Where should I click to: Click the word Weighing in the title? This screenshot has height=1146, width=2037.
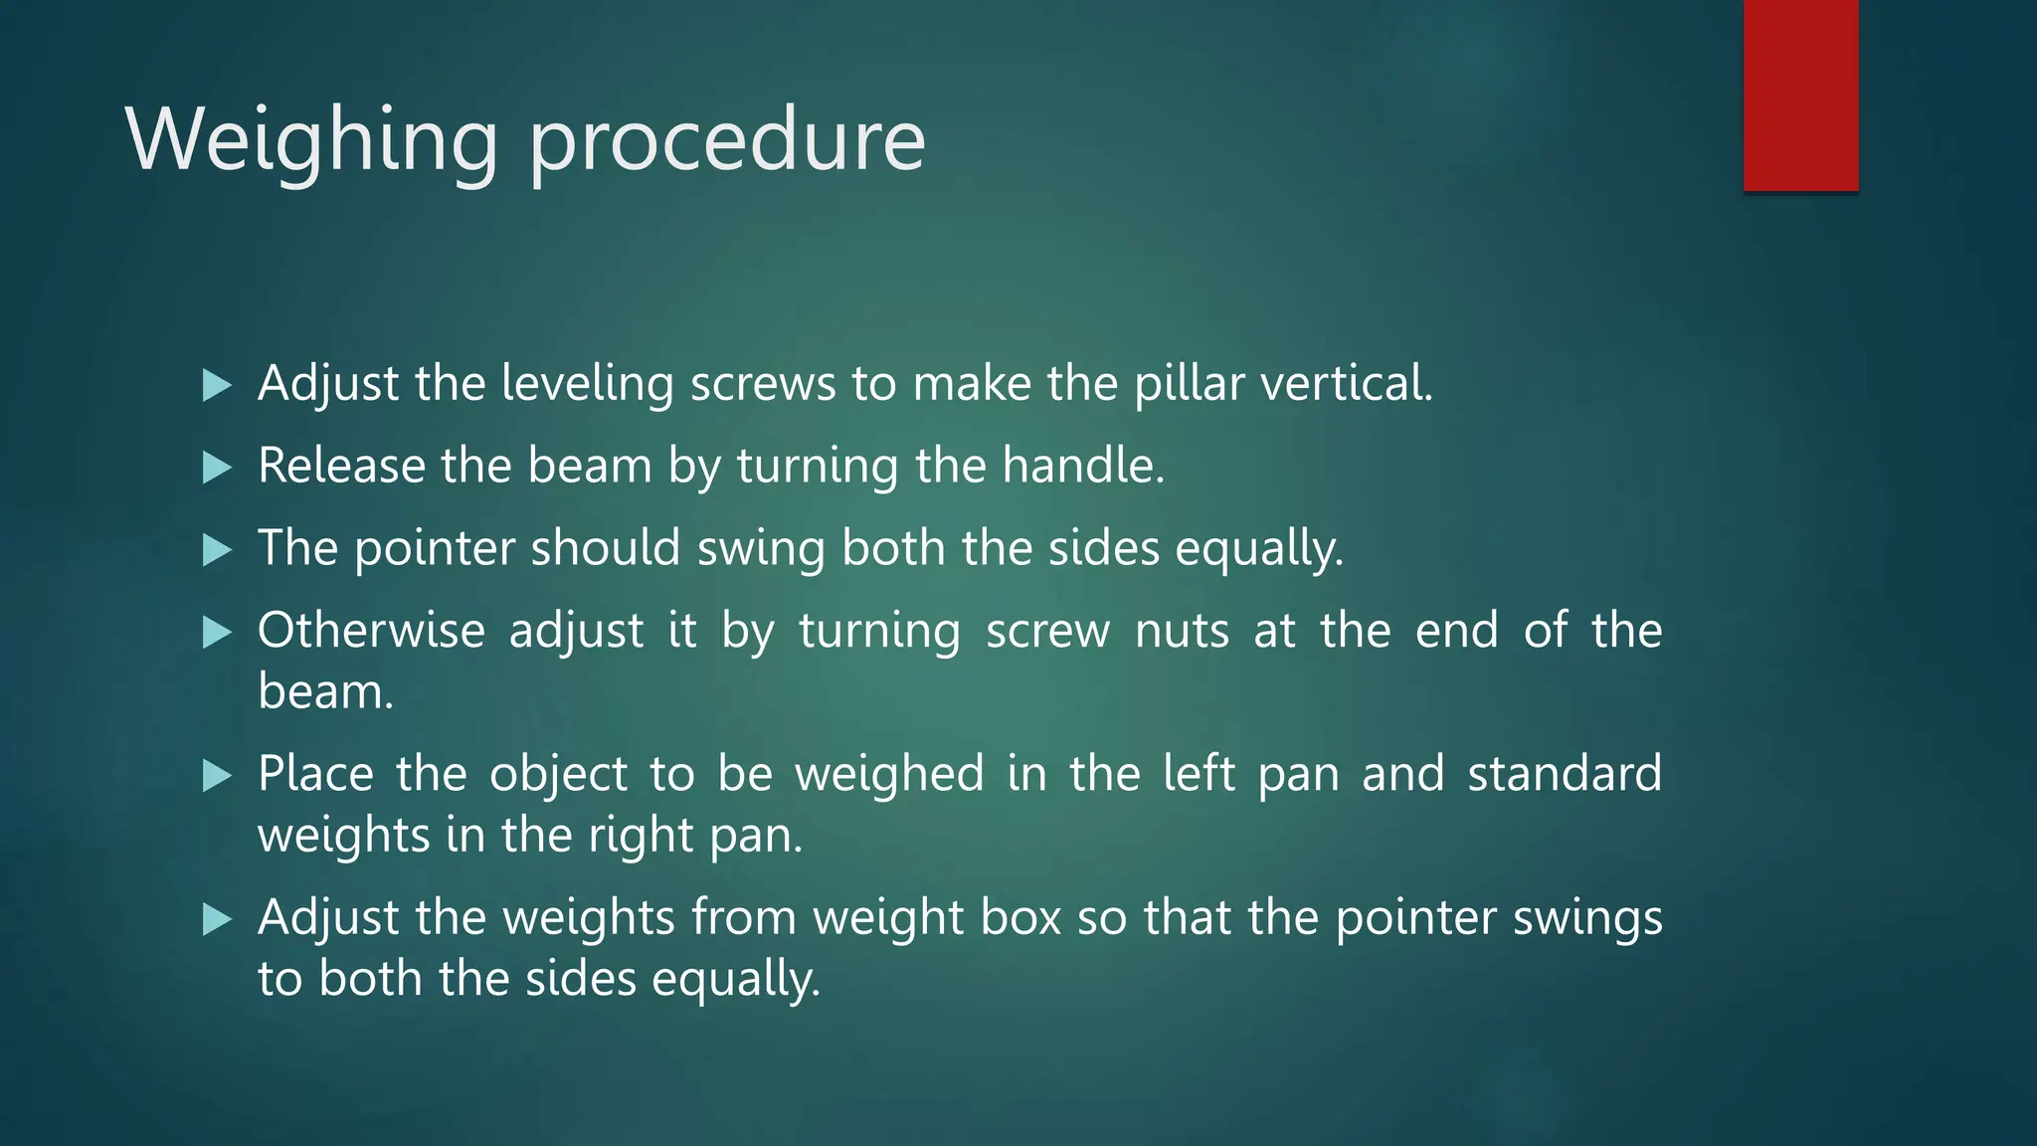(311, 141)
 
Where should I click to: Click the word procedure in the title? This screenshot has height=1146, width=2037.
(727, 141)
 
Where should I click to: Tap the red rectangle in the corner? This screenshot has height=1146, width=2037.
(1800, 95)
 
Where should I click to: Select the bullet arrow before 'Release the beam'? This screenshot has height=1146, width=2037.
(217, 467)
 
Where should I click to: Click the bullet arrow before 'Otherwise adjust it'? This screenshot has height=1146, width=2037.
(217, 632)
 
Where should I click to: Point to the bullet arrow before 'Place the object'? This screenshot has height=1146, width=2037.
(217, 775)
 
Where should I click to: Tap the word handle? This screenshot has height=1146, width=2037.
(1082, 466)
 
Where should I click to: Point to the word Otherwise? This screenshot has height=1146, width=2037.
(371, 631)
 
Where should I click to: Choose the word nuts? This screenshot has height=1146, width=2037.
(1182, 631)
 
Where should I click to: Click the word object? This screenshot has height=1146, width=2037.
(558, 775)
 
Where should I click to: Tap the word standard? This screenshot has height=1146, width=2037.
(1565, 774)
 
